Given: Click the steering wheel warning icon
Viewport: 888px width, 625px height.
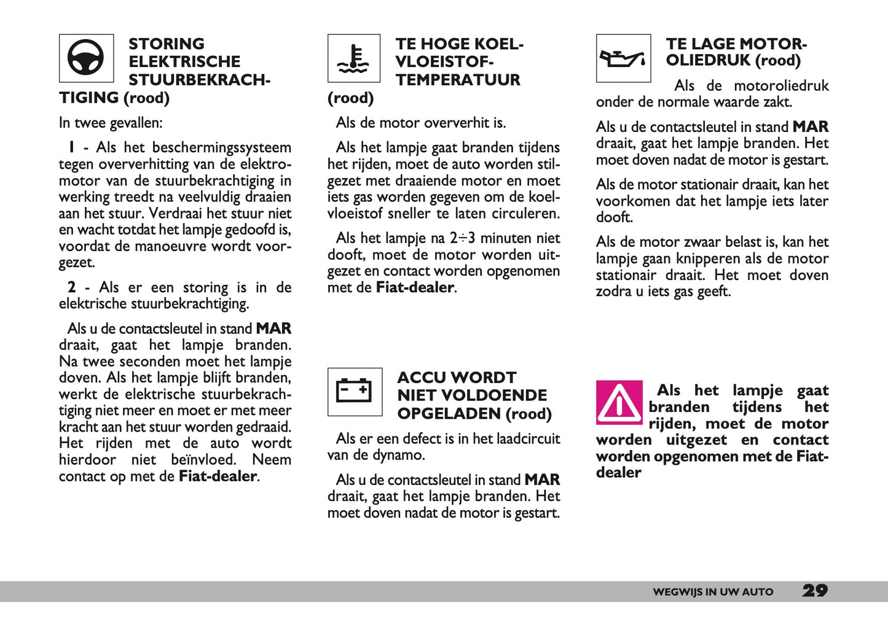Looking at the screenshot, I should pos(86,58).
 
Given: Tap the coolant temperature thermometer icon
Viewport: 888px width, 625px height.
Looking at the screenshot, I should pos(354,59).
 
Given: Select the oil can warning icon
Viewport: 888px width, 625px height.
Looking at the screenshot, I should pos(623,59).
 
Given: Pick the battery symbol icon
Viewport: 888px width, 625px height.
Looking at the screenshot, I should pos(355,392).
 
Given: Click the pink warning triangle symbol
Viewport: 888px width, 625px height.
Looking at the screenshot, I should pos(619,403).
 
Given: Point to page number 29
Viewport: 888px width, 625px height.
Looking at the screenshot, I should pos(815,591).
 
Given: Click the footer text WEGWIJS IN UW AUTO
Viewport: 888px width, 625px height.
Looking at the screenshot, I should pos(713,592).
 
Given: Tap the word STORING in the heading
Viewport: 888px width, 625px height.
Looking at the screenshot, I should pos(167,44).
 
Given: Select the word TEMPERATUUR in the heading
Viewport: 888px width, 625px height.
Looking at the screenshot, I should pos(458,80).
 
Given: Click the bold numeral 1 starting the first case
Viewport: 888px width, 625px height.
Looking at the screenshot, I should pos(72,147).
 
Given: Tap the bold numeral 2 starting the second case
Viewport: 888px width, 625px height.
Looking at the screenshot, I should pos(72,287).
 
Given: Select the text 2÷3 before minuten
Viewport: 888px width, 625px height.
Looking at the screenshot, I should pos(462,238).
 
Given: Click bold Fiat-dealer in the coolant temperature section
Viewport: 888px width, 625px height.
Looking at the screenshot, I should pos(415,287).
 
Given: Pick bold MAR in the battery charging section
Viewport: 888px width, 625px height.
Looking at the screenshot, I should pos(542,480).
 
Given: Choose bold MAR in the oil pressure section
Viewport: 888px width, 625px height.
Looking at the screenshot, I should pos(811,127).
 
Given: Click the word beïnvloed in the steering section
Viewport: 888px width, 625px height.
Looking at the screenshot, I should pos(203,460).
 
